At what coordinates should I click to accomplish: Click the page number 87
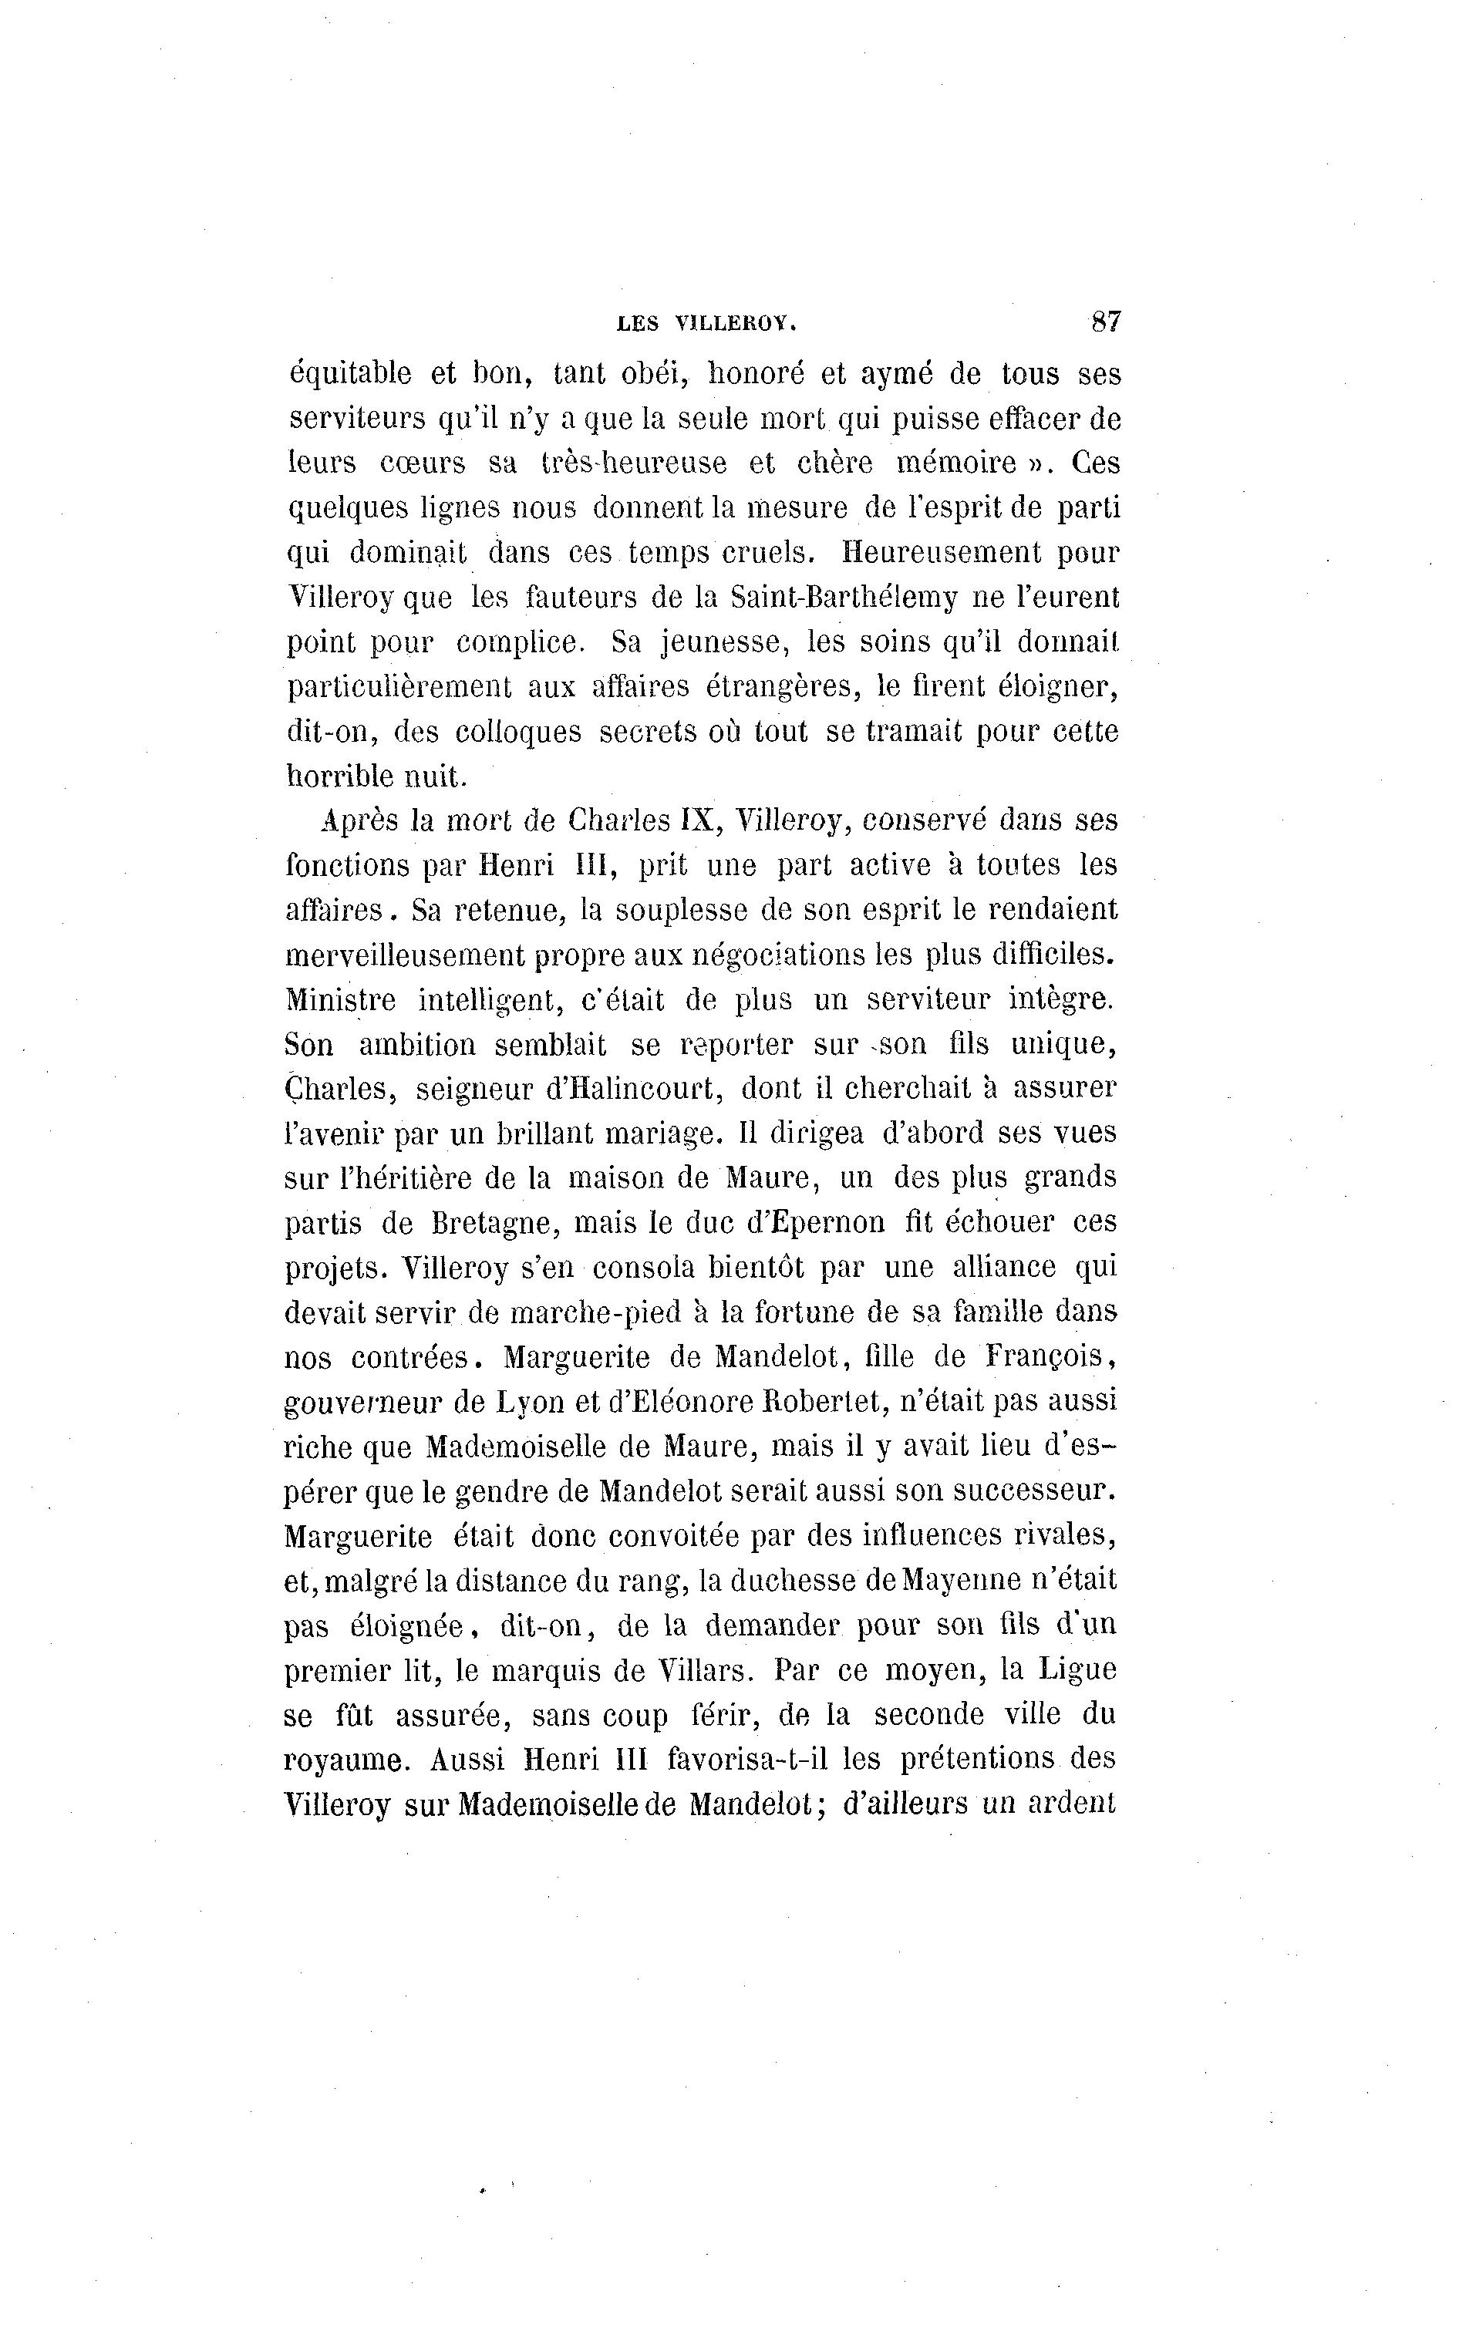(x=1105, y=322)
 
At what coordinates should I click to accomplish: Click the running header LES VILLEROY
(x=706, y=325)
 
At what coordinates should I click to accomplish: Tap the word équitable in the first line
(x=349, y=375)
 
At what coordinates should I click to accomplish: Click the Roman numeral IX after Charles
(x=698, y=821)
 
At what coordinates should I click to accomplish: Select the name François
(x=1051, y=1358)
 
